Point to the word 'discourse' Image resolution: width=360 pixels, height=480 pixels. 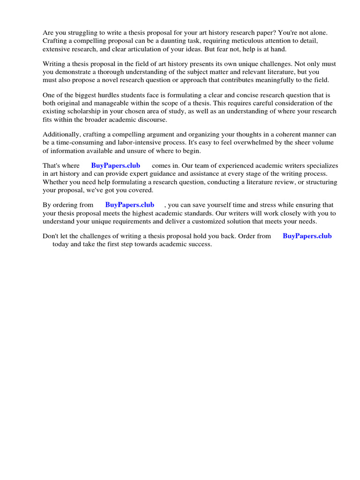(x=151, y=119)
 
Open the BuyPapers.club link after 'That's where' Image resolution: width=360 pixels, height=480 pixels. (x=115, y=166)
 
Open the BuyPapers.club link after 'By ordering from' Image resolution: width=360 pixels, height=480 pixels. (x=130, y=205)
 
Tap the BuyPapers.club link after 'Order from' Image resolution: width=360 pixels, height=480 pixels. (x=307, y=236)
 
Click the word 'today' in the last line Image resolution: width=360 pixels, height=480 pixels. (x=61, y=244)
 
